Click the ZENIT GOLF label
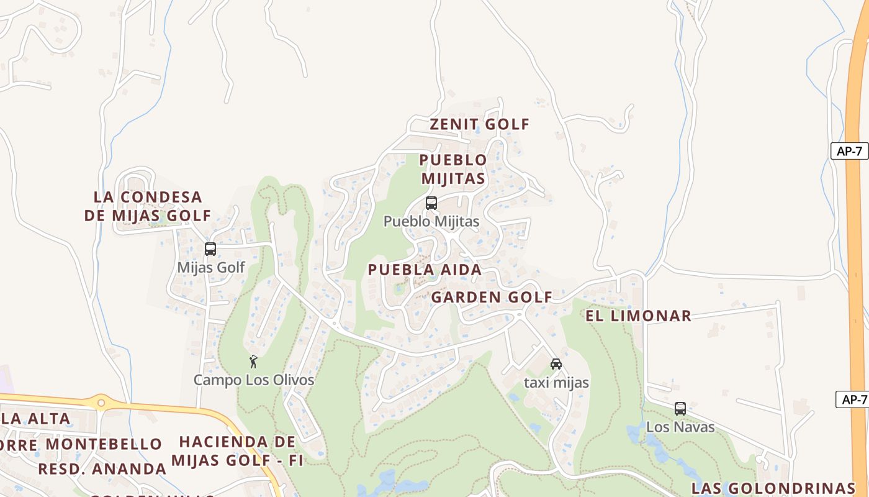click(x=480, y=124)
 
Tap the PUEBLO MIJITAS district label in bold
click(x=453, y=169)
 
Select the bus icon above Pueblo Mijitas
click(x=431, y=203)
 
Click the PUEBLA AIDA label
click(x=425, y=270)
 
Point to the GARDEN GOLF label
click(x=492, y=297)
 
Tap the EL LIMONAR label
click(x=638, y=316)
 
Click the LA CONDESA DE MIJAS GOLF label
click(x=148, y=206)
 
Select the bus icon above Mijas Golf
click(x=210, y=249)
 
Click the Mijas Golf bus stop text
click(x=211, y=267)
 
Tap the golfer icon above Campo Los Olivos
click(x=253, y=362)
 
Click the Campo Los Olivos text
click(x=254, y=380)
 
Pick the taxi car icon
click(x=556, y=364)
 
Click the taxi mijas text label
click(x=556, y=382)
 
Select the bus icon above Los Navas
click(x=680, y=409)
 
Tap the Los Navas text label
click(x=680, y=427)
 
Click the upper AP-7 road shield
click(x=849, y=150)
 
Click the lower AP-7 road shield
click(x=853, y=399)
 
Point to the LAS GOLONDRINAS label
click(x=773, y=487)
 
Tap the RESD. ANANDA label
click(x=102, y=468)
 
